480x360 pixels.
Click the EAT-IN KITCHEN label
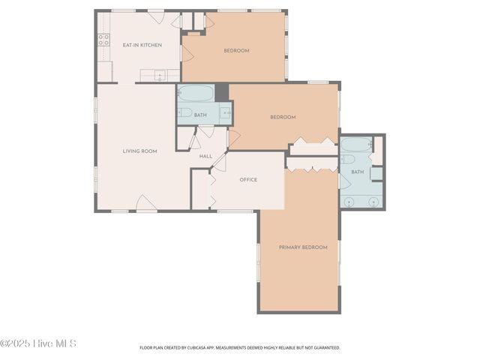(x=142, y=45)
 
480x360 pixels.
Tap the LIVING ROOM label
(x=139, y=151)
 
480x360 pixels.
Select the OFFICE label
(x=248, y=180)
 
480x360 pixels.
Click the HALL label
(x=205, y=156)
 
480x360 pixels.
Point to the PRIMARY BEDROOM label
(x=303, y=247)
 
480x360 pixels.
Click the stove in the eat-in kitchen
(x=103, y=40)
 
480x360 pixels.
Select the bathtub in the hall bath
(x=196, y=94)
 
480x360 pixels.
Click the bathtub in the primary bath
(x=354, y=145)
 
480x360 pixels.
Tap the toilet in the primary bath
(x=348, y=160)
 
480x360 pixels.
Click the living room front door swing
(x=145, y=202)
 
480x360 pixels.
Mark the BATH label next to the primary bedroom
(x=357, y=172)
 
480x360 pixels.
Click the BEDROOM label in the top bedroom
(x=236, y=51)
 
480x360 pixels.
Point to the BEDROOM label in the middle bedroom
(x=283, y=117)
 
